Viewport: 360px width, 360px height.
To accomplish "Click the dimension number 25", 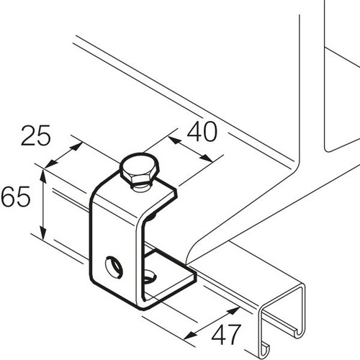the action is [36, 135].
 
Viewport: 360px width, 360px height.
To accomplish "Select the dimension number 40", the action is [202, 132].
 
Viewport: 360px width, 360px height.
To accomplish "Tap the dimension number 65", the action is [15, 197].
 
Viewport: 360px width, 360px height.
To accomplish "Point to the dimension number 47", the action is [226, 335].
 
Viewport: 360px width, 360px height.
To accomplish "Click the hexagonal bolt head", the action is [140, 170].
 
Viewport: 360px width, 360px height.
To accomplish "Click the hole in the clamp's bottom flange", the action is [150, 276].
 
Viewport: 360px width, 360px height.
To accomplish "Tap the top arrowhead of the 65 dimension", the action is [43, 176].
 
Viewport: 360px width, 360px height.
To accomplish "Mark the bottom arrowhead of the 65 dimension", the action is [43, 233].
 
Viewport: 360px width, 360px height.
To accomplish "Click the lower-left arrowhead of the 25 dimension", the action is [51, 163].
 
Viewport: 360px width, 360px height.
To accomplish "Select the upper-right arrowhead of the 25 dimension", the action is [76, 146].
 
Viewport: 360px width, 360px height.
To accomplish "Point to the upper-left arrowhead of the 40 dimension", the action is [175, 140].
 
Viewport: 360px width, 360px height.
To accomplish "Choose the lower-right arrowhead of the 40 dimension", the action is [206, 158].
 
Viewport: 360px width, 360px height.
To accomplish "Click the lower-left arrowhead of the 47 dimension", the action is [190, 336].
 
